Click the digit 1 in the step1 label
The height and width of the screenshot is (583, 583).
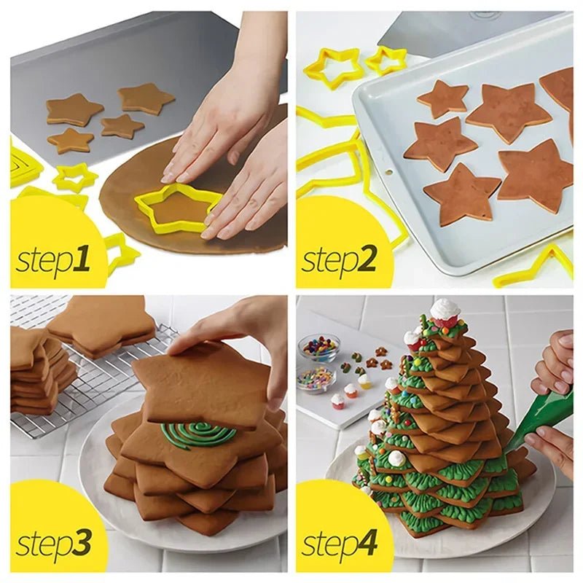pyautogui.click(x=84, y=259)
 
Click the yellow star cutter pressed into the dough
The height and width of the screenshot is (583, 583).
pyautogui.click(x=177, y=206)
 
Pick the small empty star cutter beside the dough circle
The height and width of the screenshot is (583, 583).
pyautogui.click(x=74, y=177)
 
